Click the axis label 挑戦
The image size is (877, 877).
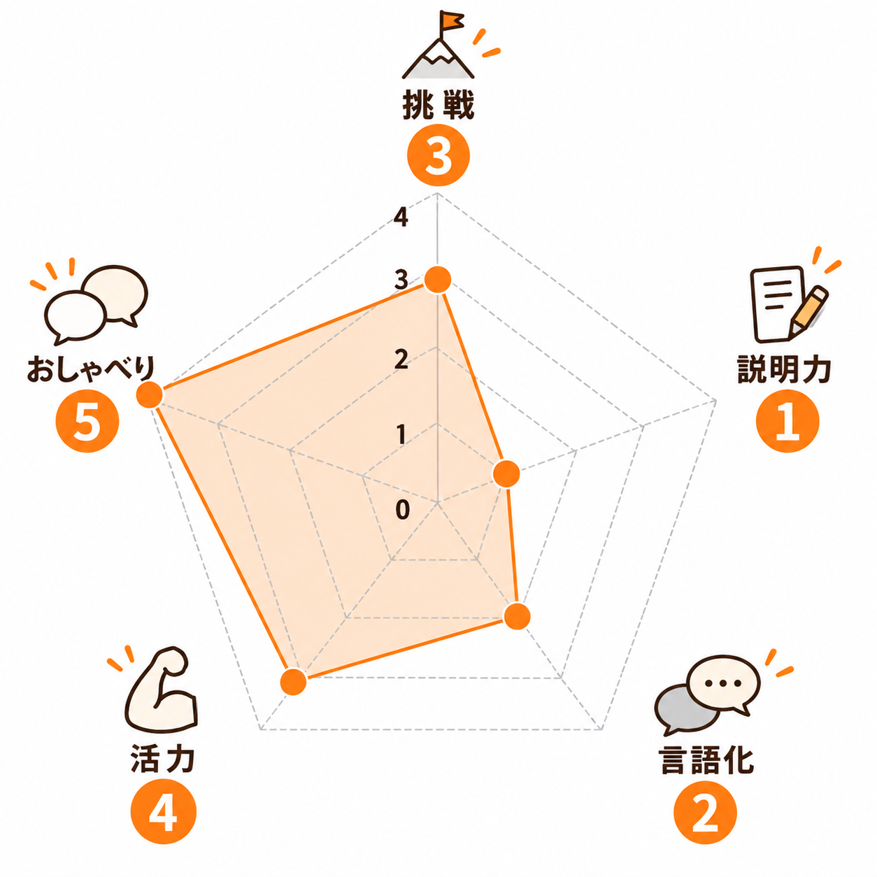(438, 106)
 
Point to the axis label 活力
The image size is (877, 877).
(163, 759)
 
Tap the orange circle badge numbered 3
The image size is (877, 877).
(438, 155)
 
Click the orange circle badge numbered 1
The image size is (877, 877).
(787, 421)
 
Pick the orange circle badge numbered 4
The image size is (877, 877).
(164, 811)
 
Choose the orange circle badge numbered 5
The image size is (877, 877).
(87, 421)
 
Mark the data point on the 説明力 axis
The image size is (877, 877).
(506, 473)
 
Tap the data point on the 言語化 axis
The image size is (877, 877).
(517, 616)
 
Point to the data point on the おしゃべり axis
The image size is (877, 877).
(150, 394)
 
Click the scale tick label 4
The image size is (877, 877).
(401, 217)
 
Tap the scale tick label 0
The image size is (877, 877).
(402, 509)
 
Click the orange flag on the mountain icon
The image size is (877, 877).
(451, 20)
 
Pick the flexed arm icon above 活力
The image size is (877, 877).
(162, 690)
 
